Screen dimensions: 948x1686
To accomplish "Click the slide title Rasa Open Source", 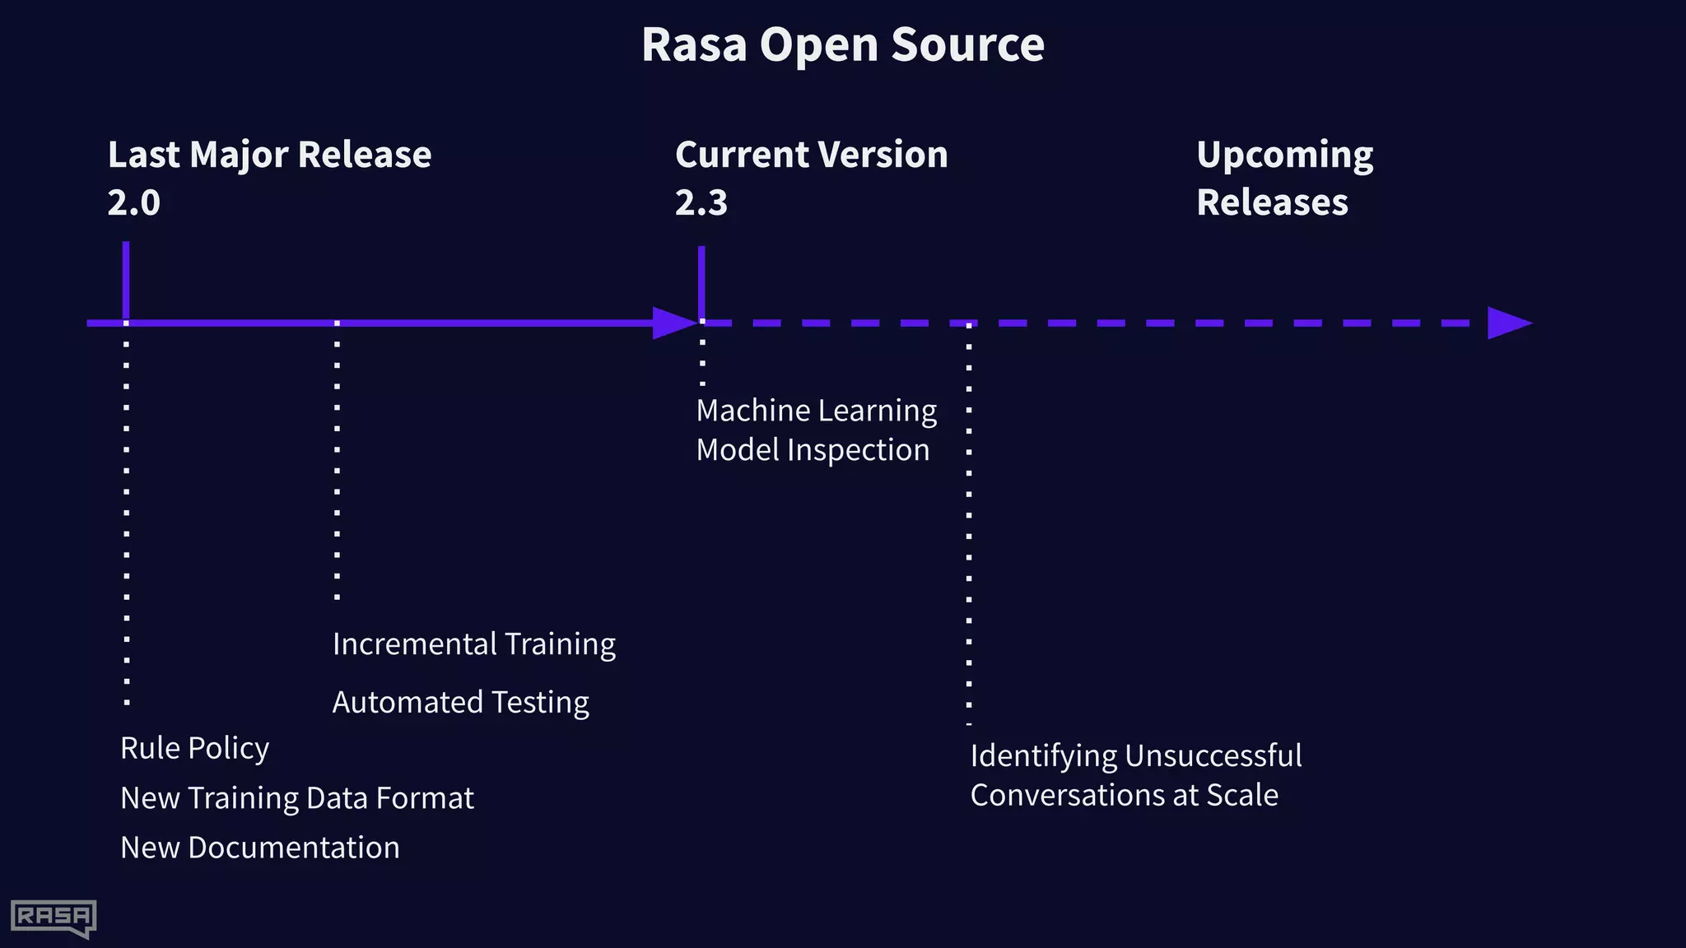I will pyautogui.click(x=842, y=44).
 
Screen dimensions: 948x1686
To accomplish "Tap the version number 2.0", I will pyautogui.click(x=133, y=202).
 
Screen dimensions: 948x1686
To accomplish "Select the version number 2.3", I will pyautogui.click(x=701, y=202).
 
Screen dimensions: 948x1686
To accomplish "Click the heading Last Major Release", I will pyautogui.click(x=269, y=155).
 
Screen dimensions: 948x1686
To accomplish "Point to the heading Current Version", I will pyautogui.click(x=811, y=155).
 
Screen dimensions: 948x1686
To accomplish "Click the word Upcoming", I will pyautogui.click(x=1284, y=155).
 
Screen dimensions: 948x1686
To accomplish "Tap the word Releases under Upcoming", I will pyautogui.click(x=1272, y=202).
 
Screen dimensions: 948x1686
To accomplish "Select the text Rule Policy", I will pyautogui.click(x=194, y=748).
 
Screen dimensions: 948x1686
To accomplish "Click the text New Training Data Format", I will pyautogui.click(x=296, y=798).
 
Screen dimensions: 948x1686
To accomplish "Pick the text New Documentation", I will pyautogui.click(x=259, y=848).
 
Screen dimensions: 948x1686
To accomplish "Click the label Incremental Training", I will pyautogui.click(x=473, y=644).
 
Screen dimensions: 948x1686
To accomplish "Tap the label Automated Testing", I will pyautogui.click(x=460, y=702).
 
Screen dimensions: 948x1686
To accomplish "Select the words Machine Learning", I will pyautogui.click(x=816, y=411).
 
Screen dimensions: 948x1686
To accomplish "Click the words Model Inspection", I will pyautogui.click(x=813, y=450).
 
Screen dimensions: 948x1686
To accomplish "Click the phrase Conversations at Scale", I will pyautogui.click(x=1124, y=795).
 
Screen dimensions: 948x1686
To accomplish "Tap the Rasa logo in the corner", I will pyautogui.click(x=53, y=917).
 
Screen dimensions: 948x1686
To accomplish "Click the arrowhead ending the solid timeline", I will pyautogui.click(x=673, y=323).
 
